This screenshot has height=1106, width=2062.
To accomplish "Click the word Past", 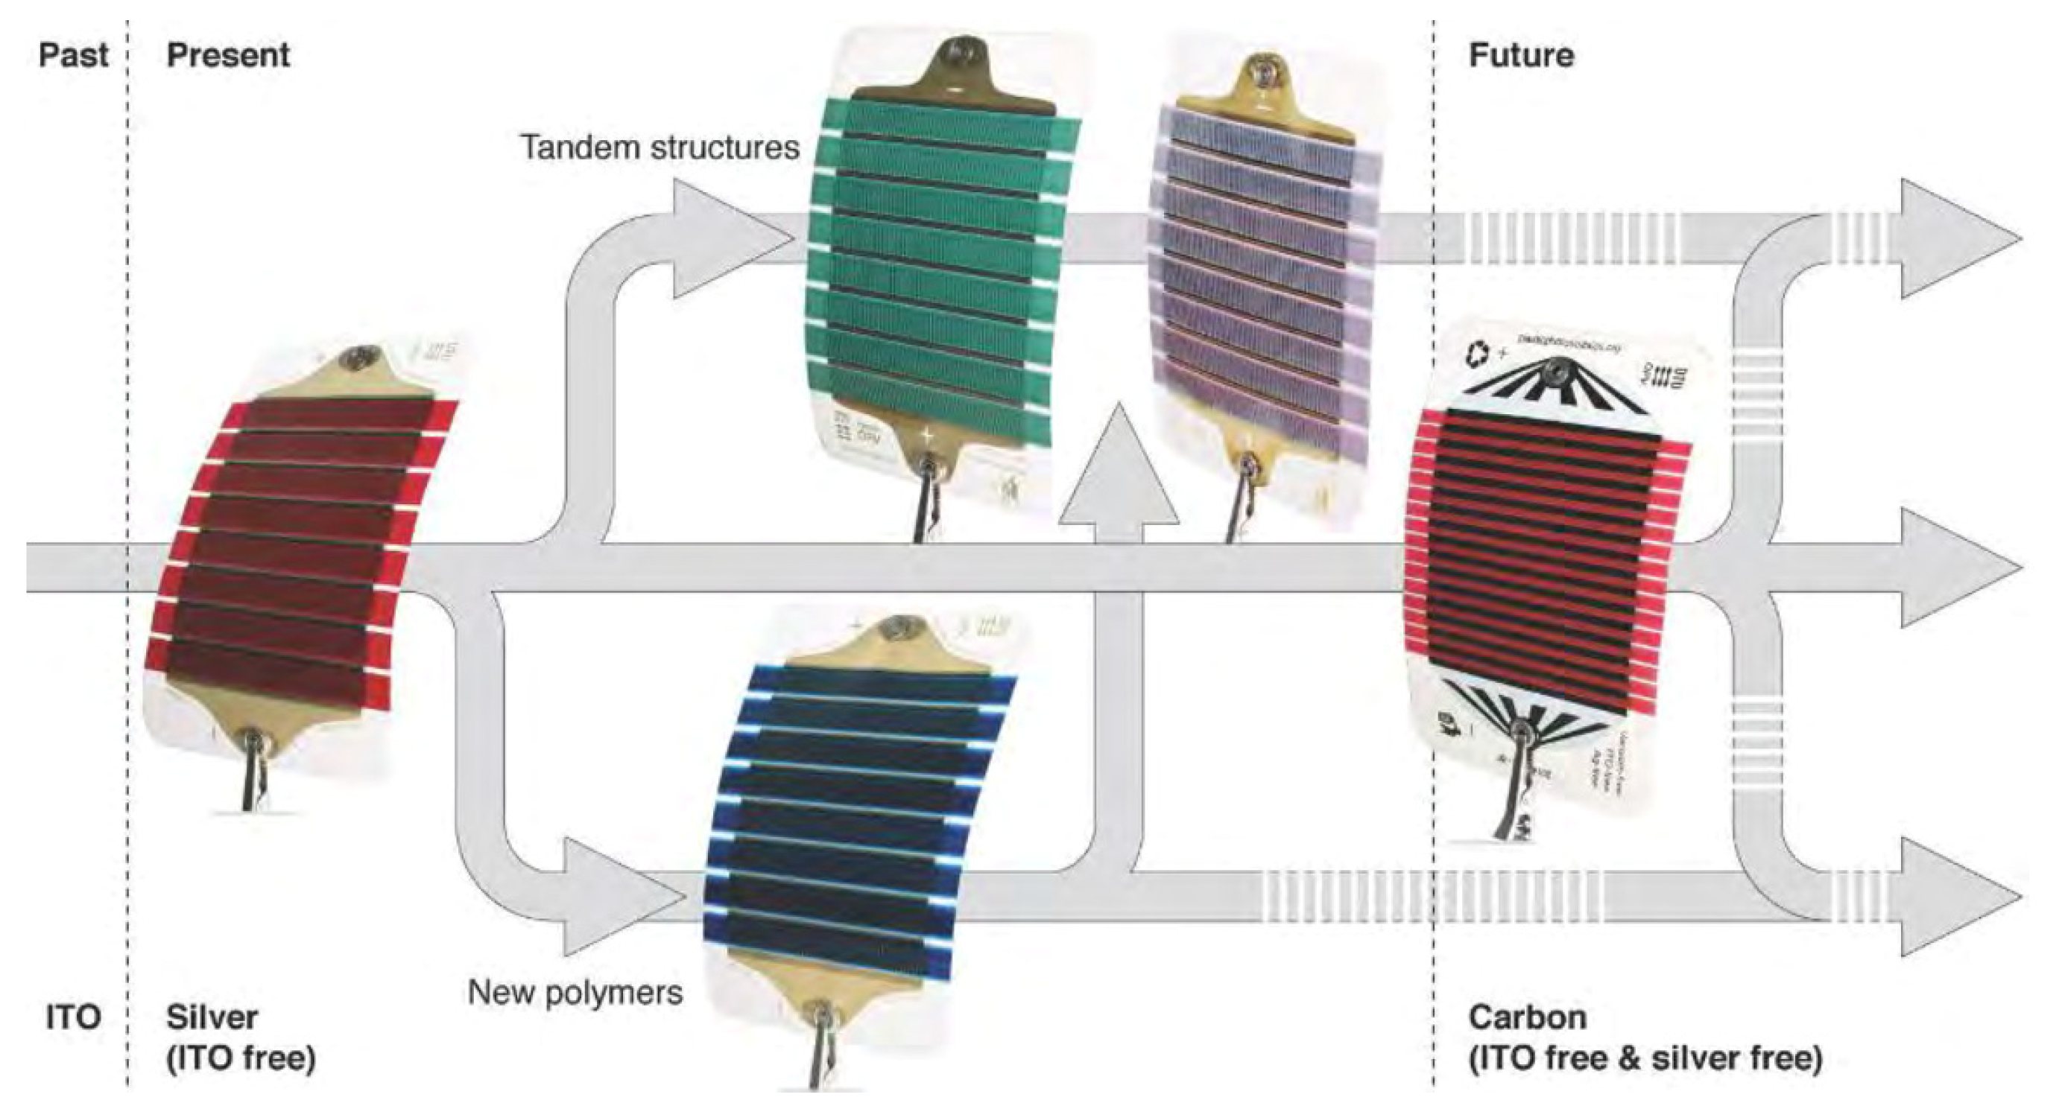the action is (73, 55).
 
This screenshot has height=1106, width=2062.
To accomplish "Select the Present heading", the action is (228, 55).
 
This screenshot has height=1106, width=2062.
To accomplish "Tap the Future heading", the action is (1521, 55).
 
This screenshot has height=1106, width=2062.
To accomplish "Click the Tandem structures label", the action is (660, 147).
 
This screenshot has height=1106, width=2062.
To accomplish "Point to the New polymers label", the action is (575, 992).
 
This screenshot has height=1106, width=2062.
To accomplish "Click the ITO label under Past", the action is (73, 1017).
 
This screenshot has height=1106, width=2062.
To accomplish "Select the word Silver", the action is (212, 1017).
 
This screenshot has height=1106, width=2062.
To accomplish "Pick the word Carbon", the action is (1527, 1017).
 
